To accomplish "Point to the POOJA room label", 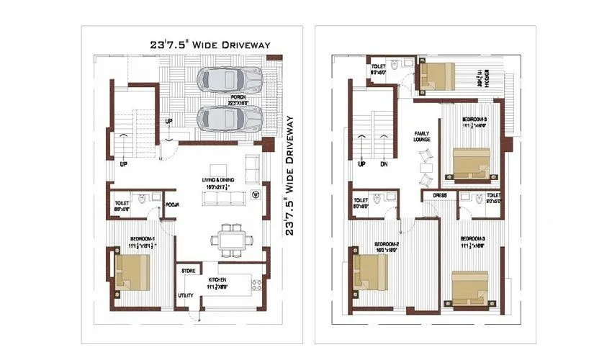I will coord(172,205).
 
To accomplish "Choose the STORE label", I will coord(189,271).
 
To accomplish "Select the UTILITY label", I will coord(186,295).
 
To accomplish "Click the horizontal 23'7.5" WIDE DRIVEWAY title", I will coord(210,45).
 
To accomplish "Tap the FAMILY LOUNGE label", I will coord(421,136).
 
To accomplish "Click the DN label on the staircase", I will coord(384,163).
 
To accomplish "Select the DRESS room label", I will coord(440,196).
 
